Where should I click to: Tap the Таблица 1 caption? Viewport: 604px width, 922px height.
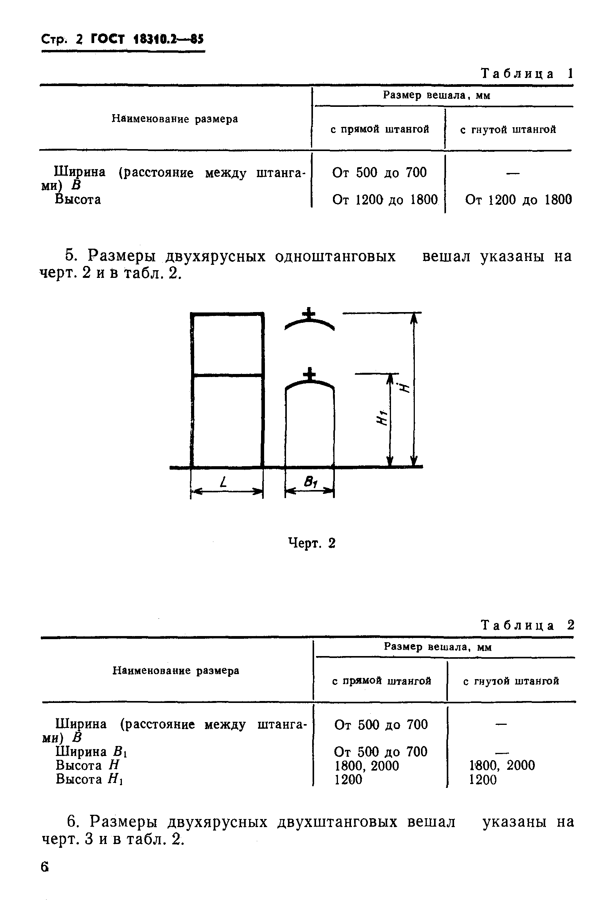(x=526, y=74)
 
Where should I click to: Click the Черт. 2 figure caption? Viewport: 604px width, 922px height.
(x=312, y=543)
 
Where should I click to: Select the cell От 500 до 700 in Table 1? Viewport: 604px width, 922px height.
(x=379, y=173)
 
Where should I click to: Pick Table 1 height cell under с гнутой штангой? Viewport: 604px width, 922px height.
(x=518, y=200)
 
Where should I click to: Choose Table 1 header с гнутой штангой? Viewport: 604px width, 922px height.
(x=507, y=130)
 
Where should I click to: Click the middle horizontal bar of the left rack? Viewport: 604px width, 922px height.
(x=228, y=375)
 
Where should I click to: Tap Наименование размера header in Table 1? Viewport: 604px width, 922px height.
(x=175, y=119)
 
